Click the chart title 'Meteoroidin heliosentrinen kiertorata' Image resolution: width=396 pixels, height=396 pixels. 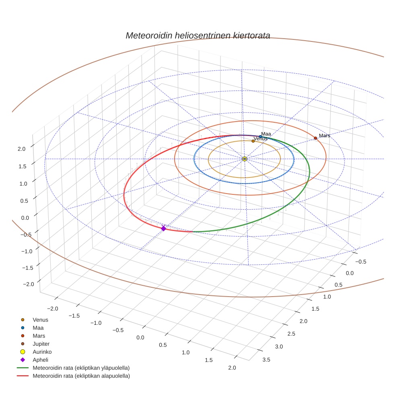pyautogui.click(x=198, y=35)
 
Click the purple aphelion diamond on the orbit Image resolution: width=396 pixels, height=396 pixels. pyautogui.click(x=163, y=229)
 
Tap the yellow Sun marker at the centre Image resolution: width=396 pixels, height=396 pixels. pyautogui.click(x=245, y=159)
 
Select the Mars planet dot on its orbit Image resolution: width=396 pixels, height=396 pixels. pyautogui.click(x=316, y=138)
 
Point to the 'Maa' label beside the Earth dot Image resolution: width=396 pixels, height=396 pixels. pyautogui.click(x=266, y=134)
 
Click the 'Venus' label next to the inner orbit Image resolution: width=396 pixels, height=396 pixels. pyautogui.click(x=260, y=139)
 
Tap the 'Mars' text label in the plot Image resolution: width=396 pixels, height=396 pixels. pyautogui.click(x=324, y=136)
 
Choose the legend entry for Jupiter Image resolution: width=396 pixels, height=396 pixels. pyautogui.click(x=41, y=344)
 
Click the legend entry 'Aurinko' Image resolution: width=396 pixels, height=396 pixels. pyautogui.click(x=42, y=352)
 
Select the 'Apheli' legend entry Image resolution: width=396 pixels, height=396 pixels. pyautogui.click(x=40, y=360)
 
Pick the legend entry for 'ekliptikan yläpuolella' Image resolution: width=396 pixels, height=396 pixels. pyautogui.click(x=81, y=368)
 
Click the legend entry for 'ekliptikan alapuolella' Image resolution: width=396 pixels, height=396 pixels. pyautogui.click(x=81, y=376)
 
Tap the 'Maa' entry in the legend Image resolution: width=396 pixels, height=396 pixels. pyautogui.click(x=38, y=328)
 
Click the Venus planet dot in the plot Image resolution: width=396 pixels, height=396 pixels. pyautogui.click(x=253, y=141)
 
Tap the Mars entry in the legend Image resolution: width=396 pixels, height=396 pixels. pyautogui.click(x=39, y=336)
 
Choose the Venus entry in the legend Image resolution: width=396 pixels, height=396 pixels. pyautogui.click(x=40, y=320)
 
